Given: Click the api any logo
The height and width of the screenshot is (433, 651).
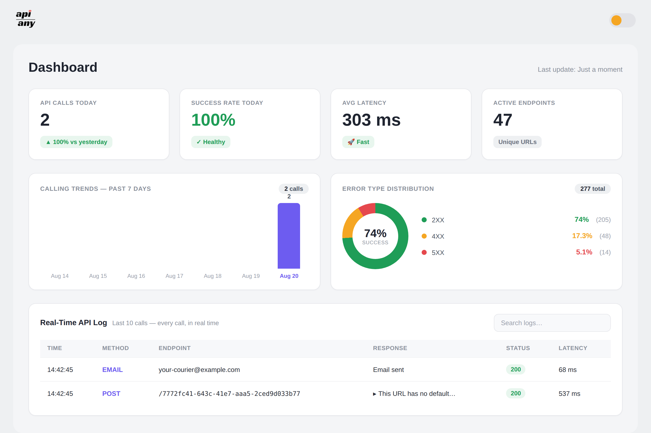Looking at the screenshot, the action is click(25, 19).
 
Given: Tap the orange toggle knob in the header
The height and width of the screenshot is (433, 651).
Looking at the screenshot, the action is click(616, 20).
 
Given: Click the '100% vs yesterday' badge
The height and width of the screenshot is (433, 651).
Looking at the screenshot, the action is click(76, 142).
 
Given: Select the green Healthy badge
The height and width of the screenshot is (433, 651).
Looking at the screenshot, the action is click(211, 142).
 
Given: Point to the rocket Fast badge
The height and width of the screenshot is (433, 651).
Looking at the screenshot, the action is click(358, 142).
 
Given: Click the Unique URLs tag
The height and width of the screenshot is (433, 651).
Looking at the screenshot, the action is click(517, 142).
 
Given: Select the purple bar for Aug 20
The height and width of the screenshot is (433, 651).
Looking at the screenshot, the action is click(289, 236).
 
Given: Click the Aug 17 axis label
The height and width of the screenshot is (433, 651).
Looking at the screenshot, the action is click(174, 276).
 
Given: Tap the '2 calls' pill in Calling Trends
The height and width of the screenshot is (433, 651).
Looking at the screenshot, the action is click(294, 189).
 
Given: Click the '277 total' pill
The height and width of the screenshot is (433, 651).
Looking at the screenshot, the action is click(593, 189).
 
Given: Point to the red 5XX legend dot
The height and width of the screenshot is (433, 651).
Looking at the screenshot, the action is click(424, 252).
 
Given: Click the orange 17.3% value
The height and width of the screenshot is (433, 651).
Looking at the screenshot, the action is click(582, 236).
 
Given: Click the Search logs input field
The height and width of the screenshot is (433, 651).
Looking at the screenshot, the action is click(552, 323).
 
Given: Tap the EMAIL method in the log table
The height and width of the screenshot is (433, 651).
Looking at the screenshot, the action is click(113, 370).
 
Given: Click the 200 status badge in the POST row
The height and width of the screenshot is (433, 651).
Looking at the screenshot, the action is click(515, 394).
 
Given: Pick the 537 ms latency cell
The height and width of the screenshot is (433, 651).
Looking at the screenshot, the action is click(569, 394).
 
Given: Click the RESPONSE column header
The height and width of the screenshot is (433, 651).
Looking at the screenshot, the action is click(390, 348).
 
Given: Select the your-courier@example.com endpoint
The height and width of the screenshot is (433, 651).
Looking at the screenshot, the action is click(199, 370).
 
